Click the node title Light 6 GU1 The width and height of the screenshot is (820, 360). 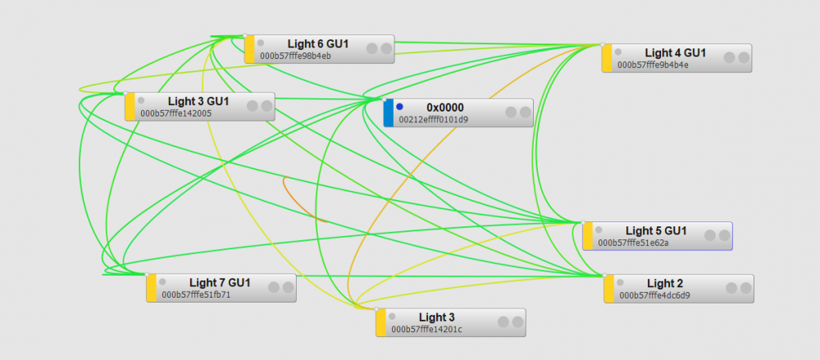point(318,43)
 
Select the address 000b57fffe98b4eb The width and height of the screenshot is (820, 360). point(295,57)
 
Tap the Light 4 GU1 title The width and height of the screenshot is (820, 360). point(676,52)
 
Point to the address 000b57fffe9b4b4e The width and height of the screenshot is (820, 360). point(653,65)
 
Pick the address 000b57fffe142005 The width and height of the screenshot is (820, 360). point(175,114)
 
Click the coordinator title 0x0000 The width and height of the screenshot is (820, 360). point(445,107)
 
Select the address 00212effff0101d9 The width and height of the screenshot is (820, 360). point(433,120)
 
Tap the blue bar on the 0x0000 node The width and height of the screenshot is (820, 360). point(388,113)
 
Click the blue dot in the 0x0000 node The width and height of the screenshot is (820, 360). point(399,107)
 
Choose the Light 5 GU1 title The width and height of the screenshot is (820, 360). point(656,230)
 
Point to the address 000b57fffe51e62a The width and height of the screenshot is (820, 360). point(633,243)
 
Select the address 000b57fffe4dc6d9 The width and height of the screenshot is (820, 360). point(654,295)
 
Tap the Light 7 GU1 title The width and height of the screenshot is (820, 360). point(220,282)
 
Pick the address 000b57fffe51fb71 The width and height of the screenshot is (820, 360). point(196,294)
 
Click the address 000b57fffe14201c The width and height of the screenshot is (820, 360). point(426,330)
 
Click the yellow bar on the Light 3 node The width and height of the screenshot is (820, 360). point(380,322)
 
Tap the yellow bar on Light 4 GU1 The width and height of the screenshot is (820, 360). point(607,58)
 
